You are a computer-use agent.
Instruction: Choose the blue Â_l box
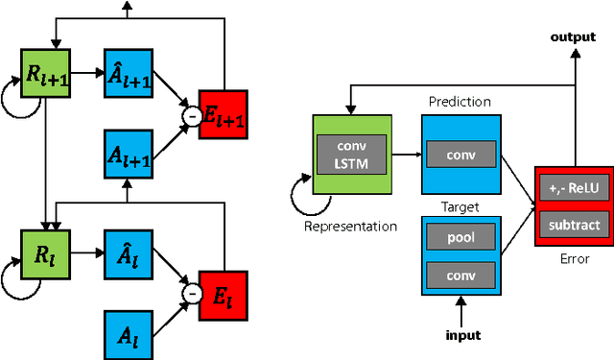pyautogui.click(x=128, y=255)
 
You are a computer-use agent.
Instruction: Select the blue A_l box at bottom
pyautogui.click(x=128, y=334)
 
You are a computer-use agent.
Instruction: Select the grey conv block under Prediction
pyautogui.click(x=460, y=154)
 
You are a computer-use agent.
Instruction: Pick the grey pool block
pyautogui.click(x=460, y=236)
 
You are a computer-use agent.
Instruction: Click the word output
pyautogui.click(x=572, y=36)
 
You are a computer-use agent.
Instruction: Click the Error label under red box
pyautogui.click(x=573, y=258)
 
